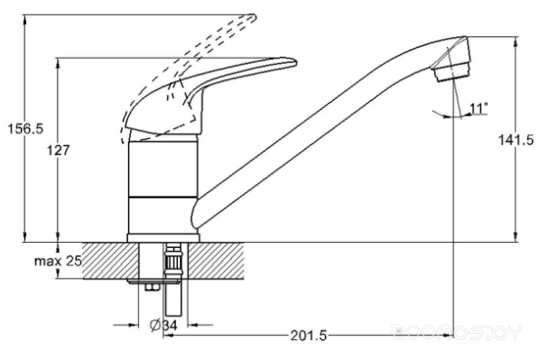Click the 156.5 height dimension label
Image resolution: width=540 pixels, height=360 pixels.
(25, 129)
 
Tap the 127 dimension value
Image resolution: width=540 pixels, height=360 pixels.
(58, 151)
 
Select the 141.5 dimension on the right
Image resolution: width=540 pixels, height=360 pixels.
(516, 140)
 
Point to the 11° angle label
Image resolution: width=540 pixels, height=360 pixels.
(479, 108)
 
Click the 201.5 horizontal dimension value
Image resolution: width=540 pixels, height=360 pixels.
(309, 336)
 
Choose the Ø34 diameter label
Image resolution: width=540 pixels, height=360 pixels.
(163, 325)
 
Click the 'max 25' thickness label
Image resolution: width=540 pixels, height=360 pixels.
(58, 262)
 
